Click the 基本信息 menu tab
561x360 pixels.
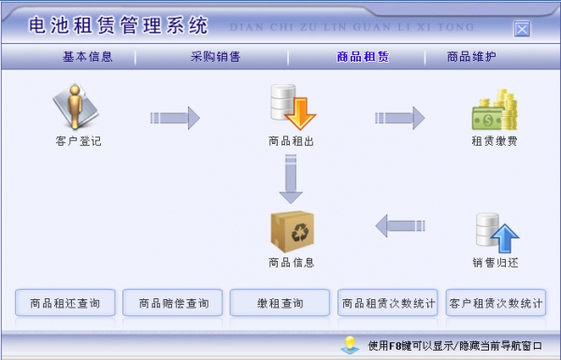(x=88, y=56)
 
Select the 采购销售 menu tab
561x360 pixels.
(x=215, y=56)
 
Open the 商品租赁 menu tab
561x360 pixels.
(x=363, y=56)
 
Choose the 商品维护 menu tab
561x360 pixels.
(x=471, y=56)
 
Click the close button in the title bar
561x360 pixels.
(x=522, y=28)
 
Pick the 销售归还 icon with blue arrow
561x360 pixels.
(x=495, y=233)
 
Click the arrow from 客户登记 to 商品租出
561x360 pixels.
(x=175, y=117)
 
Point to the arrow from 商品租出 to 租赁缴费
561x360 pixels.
(x=400, y=117)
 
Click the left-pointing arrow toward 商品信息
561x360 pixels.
(x=400, y=224)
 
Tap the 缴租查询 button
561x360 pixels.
(x=280, y=303)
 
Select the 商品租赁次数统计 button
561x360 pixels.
(x=388, y=303)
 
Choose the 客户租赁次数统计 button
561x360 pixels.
(x=496, y=303)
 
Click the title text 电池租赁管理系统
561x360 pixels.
(x=118, y=25)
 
